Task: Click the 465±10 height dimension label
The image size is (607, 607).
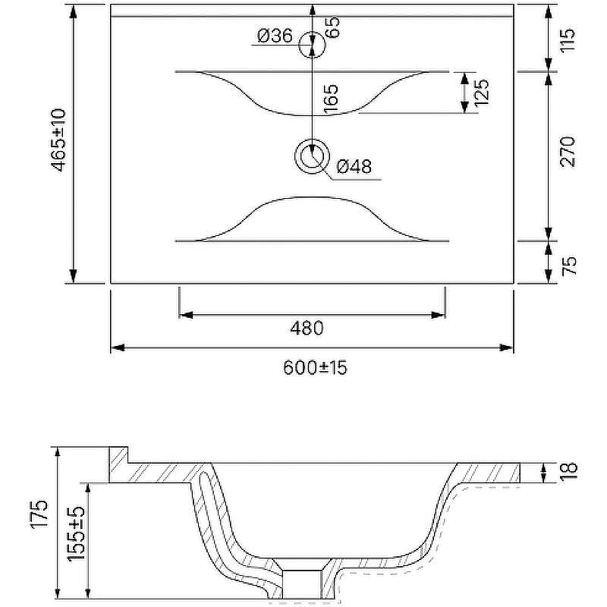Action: click(59, 140)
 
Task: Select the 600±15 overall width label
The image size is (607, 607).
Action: click(315, 367)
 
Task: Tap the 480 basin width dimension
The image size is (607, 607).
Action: click(307, 328)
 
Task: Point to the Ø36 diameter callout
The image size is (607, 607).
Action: click(275, 36)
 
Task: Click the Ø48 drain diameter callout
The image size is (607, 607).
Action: click(354, 166)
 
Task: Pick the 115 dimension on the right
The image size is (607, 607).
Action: click(568, 41)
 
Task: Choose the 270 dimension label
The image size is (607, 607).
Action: click(568, 151)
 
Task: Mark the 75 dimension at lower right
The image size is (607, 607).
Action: click(569, 266)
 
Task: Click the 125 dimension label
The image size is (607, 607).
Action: click(482, 93)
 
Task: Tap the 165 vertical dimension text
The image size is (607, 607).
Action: click(331, 99)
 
